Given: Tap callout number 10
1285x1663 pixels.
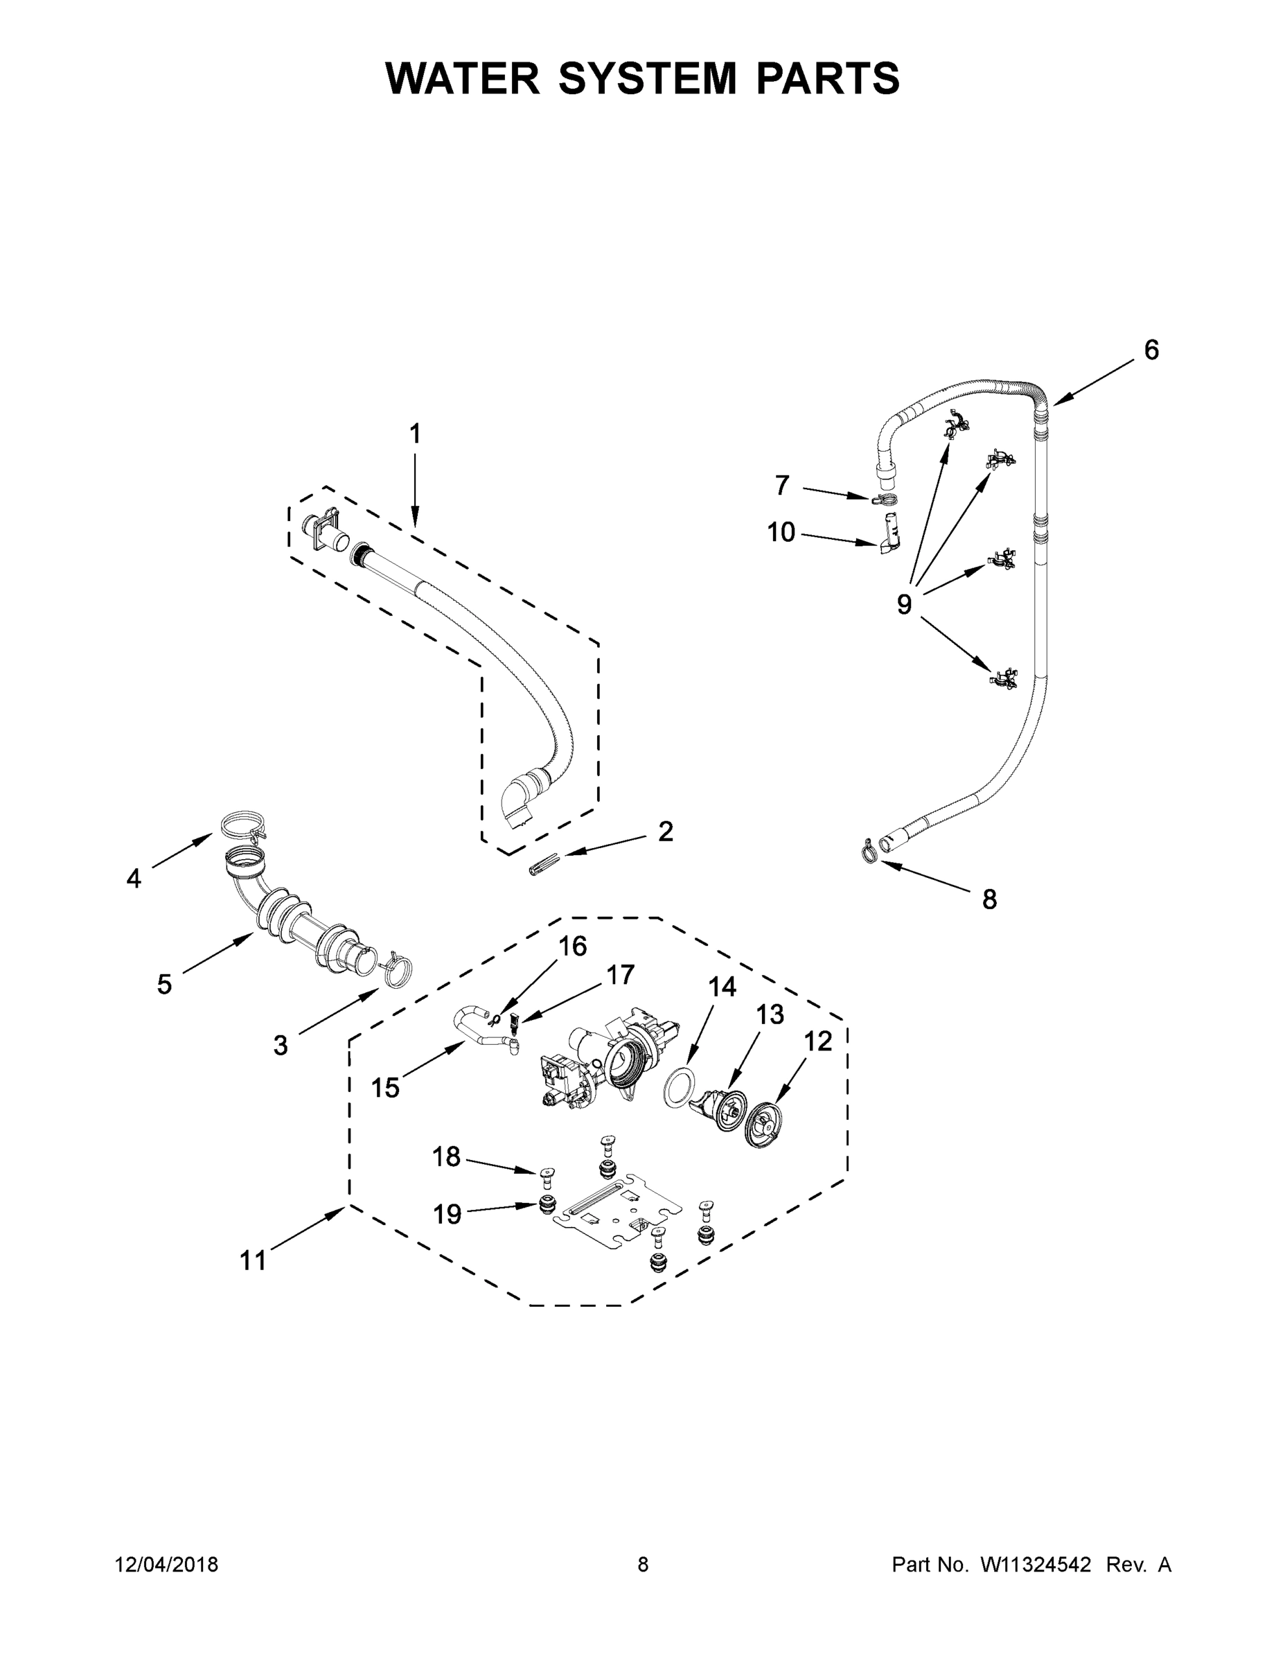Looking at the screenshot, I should click(x=781, y=532).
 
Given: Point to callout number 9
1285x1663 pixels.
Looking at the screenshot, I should click(x=903, y=604).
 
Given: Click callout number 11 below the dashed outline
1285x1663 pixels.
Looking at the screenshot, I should click(x=253, y=1260).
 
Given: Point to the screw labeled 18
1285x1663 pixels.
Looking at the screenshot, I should click(x=545, y=1174).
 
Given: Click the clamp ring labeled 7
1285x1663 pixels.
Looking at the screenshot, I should click(x=884, y=500).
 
